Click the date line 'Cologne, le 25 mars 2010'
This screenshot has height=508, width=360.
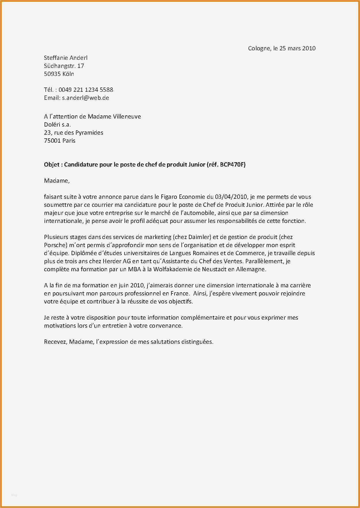point(282,48)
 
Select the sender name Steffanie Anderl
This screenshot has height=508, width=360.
point(66,58)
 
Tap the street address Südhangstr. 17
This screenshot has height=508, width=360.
point(64,66)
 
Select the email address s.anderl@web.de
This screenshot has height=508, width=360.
point(85,98)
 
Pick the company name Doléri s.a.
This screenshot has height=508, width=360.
point(57,125)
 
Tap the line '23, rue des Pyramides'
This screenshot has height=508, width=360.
point(73,133)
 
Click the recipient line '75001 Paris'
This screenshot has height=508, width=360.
point(60,141)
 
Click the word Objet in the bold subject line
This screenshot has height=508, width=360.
point(51,165)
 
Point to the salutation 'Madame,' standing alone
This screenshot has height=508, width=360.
point(57,181)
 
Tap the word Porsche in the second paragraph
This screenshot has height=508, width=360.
point(55,245)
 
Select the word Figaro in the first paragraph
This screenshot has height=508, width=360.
point(169,197)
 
